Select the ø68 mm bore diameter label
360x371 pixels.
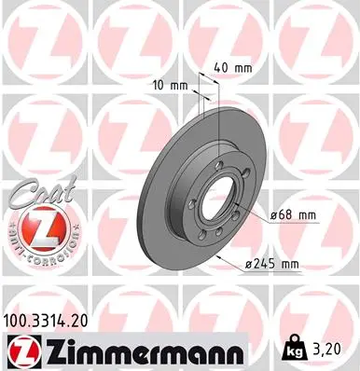pyautogui.click(x=293, y=215)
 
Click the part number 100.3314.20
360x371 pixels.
pyautogui.click(x=53, y=321)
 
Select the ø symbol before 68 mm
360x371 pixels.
pyautogui.click(x=273, y=215)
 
